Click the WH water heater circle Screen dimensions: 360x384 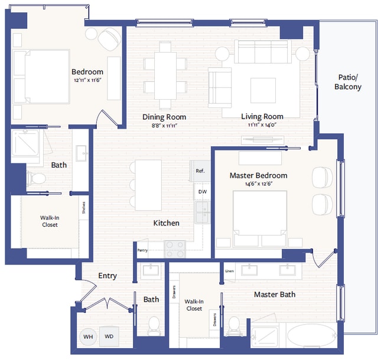point(89,337)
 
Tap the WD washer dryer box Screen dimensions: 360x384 point(109,337)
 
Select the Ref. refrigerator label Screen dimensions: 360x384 point(200,171)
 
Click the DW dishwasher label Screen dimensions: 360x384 point(202,192)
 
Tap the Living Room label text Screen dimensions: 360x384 point(262,116)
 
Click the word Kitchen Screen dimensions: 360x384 point(166,223)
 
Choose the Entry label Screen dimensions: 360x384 point(108,276)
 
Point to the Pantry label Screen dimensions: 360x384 point(142,250)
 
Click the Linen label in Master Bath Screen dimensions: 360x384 point(230,271)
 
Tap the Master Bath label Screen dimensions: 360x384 point(275,294)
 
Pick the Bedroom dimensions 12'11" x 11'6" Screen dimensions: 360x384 point(87,80)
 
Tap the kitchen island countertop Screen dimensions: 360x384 point(148,185)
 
